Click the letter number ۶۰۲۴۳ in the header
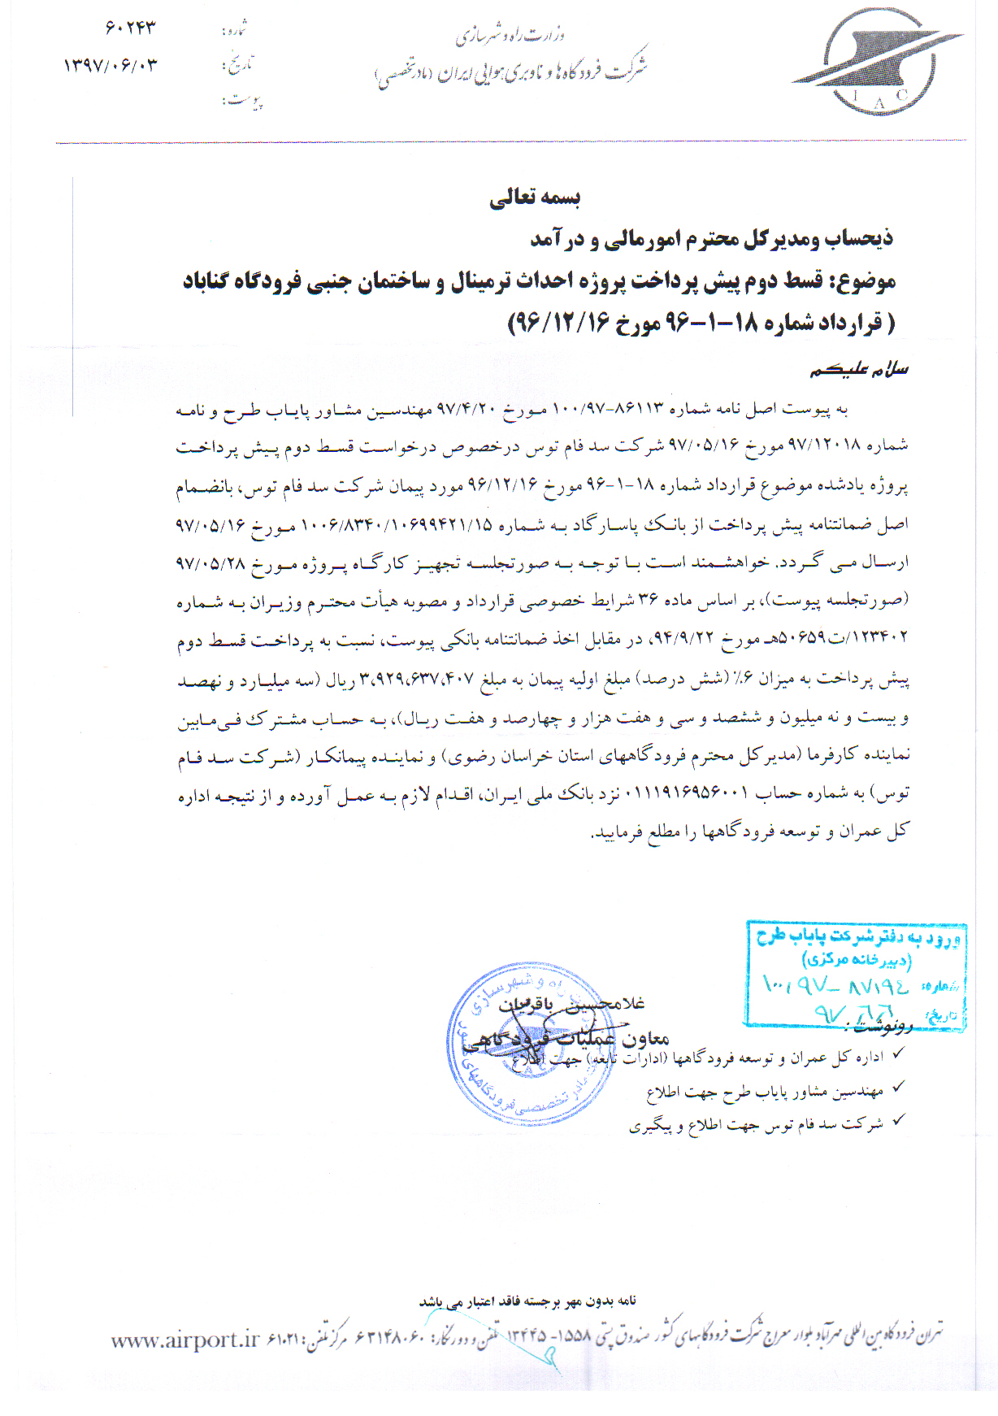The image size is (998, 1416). click(130, 28)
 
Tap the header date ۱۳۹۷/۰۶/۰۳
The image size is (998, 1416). click(111, 65)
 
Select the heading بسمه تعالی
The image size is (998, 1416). click(535, 198)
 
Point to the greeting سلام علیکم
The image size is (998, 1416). click(859, 370)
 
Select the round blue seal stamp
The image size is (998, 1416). click(531, 1044)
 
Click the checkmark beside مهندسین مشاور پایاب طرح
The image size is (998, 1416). click(898, 1087)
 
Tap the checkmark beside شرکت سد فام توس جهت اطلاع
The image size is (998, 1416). click(898, 1121)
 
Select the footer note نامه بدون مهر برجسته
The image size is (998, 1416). click(527, 1301)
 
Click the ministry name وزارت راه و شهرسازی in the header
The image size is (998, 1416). click(510, 35)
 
